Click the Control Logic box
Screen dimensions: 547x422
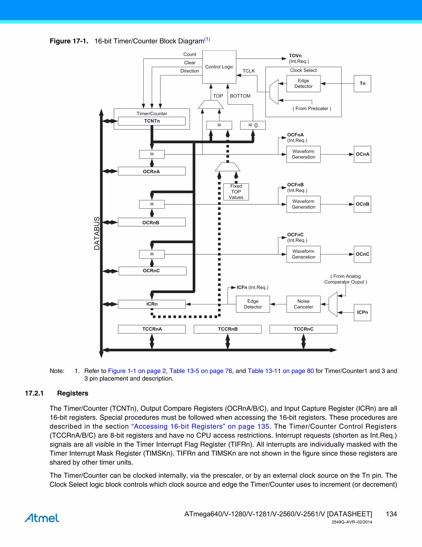click(219, 67)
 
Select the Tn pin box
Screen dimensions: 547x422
click(362, 84)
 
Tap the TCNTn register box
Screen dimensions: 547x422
click(152, 121)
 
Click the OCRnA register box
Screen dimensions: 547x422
click(151, 171)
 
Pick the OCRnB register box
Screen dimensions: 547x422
click(151, 222)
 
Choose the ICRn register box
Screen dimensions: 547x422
click(151, 304)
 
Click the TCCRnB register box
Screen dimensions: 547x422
click(227, 329)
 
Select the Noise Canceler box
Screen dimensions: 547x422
click(303, 304)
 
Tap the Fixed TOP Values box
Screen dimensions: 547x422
click(236, 192)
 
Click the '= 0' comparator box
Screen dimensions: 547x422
click(253, 125)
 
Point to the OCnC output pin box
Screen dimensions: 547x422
click(362, 254)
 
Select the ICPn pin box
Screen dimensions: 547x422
click(362, 312)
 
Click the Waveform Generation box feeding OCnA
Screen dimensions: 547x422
click(303, 154)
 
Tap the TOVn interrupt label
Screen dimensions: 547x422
click(295, 56)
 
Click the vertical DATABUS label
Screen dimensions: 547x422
click(97, 233)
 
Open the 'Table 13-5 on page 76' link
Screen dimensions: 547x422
click(200, 371)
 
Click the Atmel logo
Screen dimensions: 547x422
click(42, 518)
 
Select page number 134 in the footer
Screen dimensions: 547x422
click(391, 514)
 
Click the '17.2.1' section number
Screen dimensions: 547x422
click(34, 393)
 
